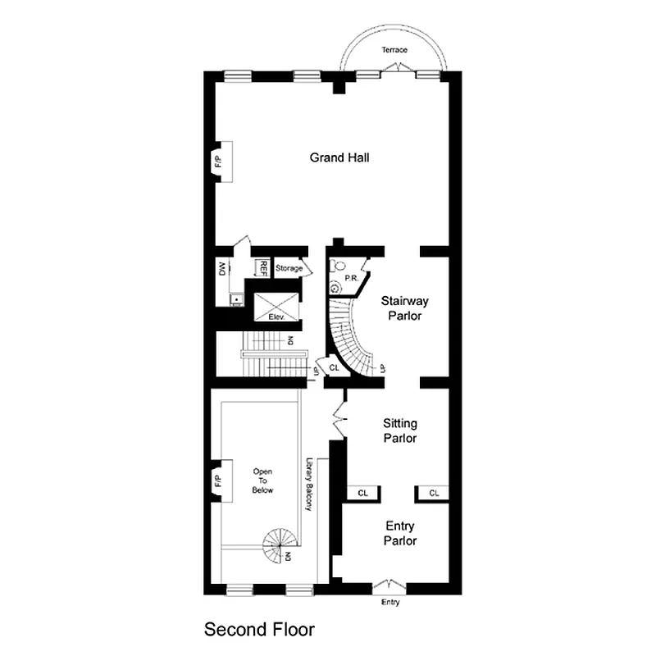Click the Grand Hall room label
pos(339,157)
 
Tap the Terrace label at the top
pos(394,51)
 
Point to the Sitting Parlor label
pos(400,430)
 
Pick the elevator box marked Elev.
pos(275,308)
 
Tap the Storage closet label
pos(289,268)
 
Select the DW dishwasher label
pos(222,268)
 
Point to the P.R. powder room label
pos(351,279)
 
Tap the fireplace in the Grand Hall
pos(221,161)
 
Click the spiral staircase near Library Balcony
pos(279,545)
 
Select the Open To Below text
pos(262,481)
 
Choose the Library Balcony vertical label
pos(309,484)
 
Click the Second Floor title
pos(259,630)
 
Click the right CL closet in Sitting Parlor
pos(434,493)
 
